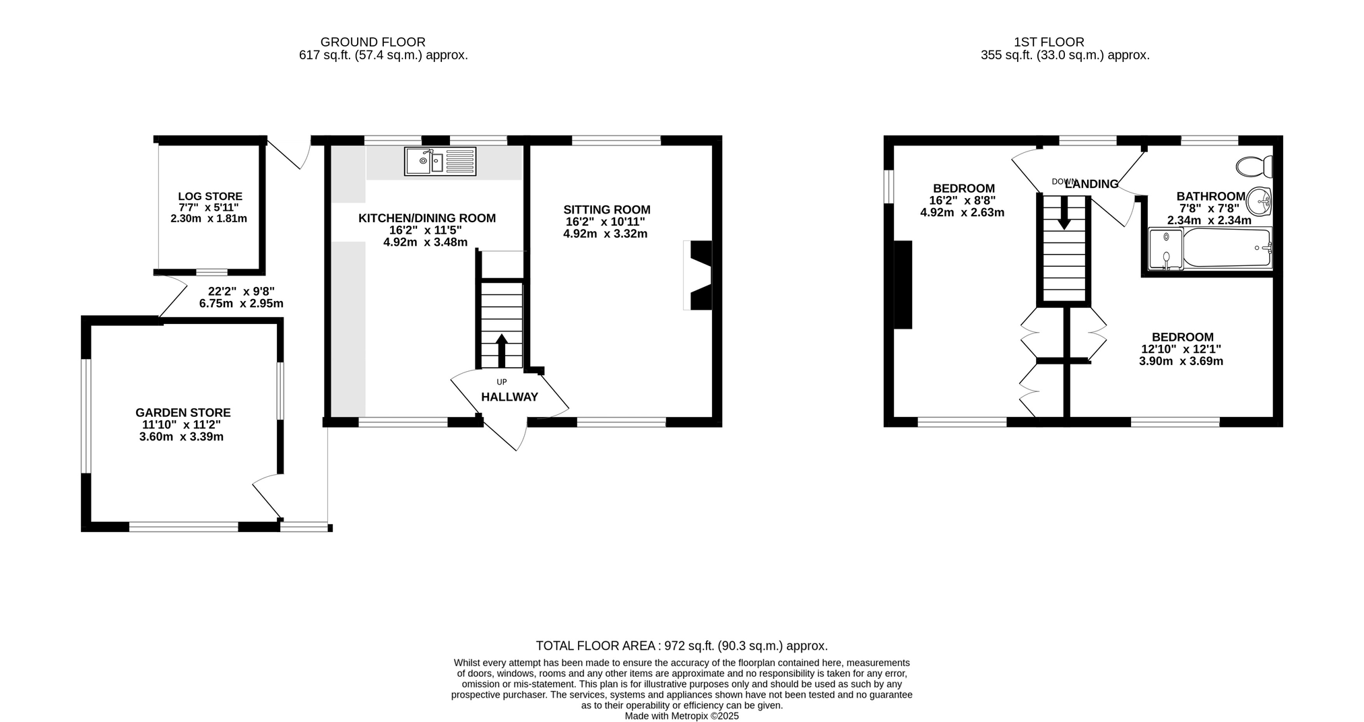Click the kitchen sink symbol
pyautogui.click(x=440, y=162)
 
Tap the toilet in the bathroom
pyautogui.click(x=1254, y=166)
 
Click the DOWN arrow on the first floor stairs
pyautogui.click(x=1064, y=213)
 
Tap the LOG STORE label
pyautogui.click(x=210, y=197)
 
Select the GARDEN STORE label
pyautogui.click(x=183, y=413)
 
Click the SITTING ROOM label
pyautogui.click(x=607, y=210)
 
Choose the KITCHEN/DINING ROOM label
pyautogui.click(x=427, y=218)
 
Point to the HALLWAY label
pyautogui.click(x=510, y=397)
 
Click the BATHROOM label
pyautogui.click(x=1211, y=197)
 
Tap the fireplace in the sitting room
pyautogui.click(x=698, y=275)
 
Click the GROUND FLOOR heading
pyautogui.click(x=373, y=42)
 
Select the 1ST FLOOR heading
pyautogui.click(x=1049, y=42)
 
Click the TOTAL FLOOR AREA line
pyautogui.click(x=682, y=646)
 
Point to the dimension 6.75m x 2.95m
pyautogui.click(x=241, y=304)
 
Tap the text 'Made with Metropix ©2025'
pyautogui.click(x=682, y=716)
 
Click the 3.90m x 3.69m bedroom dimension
pyautogui.click(x=1181, y=362)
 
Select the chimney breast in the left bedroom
pyautogui.click(x=903, y=285)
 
